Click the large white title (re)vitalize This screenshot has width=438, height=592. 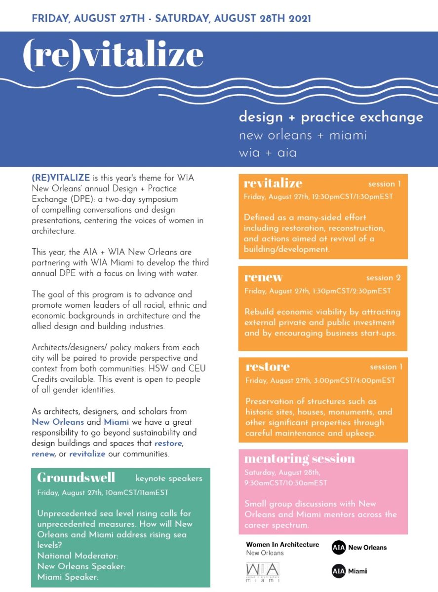(113, 54)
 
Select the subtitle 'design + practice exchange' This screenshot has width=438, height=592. (331, 117)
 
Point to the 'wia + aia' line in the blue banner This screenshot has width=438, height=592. (268, 152)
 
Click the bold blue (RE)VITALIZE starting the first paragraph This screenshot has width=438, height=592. (61, 178)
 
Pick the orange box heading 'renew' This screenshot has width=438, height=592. (263, 277)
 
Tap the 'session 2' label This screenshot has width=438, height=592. (383, 278)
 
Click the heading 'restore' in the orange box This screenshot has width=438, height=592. (267, 367)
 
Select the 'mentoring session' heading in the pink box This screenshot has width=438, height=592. (299, 458)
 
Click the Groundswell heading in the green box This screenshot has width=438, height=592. (76, 478)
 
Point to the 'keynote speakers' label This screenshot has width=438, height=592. (169, 478)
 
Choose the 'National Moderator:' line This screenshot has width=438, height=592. (78, 555)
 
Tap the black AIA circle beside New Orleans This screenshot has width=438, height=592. (338, 547)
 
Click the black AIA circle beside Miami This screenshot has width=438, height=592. (338, 571)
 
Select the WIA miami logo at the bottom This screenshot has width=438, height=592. (262, 572)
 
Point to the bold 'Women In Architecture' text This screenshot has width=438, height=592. (282, 545)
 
